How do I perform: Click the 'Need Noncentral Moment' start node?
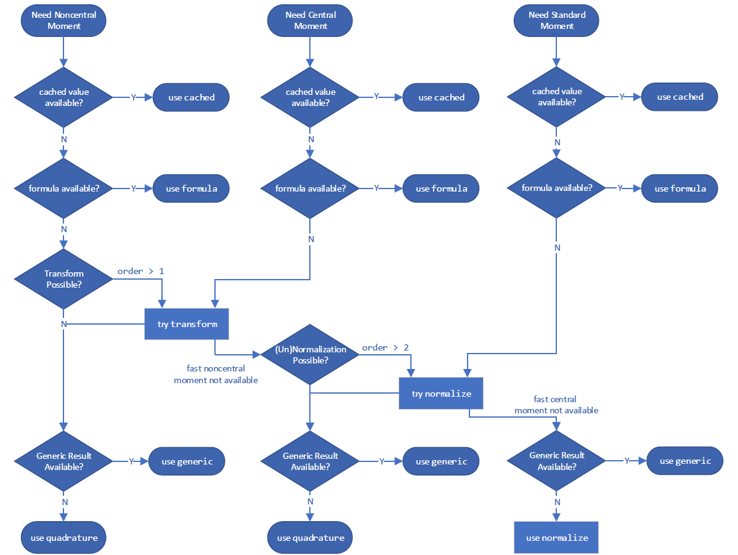(x=64, y=20)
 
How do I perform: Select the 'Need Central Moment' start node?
(x=310, y=20)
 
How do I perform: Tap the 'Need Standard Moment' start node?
(x=556, y=20)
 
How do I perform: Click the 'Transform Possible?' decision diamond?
(x=64, y=279)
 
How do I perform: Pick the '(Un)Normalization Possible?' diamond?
(x=310, y=354)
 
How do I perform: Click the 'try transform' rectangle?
(x=187, y=324)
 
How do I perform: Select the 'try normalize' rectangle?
(x=441, y=393)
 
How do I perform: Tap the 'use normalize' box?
(x=556, y=537)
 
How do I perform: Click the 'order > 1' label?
(x=141, y=271)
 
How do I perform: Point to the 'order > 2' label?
(x=385, y=347)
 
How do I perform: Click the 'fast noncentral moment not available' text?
(x=216, y=375)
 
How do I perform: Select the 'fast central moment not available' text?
(x=556, y=405)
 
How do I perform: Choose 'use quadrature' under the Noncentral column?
(x=64, y=537)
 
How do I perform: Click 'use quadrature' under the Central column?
(x=310, y=537)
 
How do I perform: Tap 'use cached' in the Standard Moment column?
(x=679, y=97)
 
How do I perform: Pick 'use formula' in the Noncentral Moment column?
(x=191, y=188)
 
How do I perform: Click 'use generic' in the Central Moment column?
(x=441, y=461)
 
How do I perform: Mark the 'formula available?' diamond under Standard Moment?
(x=556, y=188)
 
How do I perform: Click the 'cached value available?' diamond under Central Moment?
(x=310, y=97)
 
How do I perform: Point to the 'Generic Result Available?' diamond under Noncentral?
(x=64, y=461)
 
